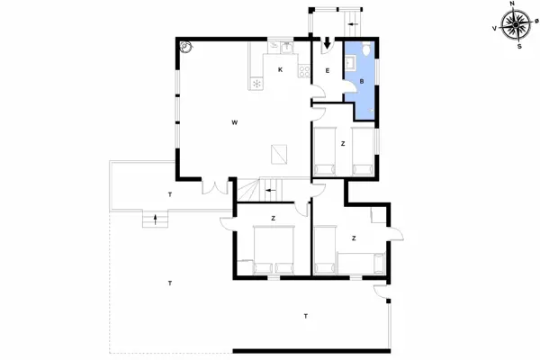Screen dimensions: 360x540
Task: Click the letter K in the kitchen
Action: (281, 70)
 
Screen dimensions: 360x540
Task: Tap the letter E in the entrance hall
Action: (328, 70)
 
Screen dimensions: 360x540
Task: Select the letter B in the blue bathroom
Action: (361, 82)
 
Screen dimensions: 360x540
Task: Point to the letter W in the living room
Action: (234, 121)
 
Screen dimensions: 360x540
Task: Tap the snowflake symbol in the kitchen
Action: (257, 83)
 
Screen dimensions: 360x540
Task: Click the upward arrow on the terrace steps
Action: (156, 218)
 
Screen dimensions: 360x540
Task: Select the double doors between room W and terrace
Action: (215, 187)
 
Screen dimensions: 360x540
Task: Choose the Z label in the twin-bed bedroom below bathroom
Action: (343, 143)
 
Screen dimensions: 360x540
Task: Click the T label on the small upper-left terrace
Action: (169, 194)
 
